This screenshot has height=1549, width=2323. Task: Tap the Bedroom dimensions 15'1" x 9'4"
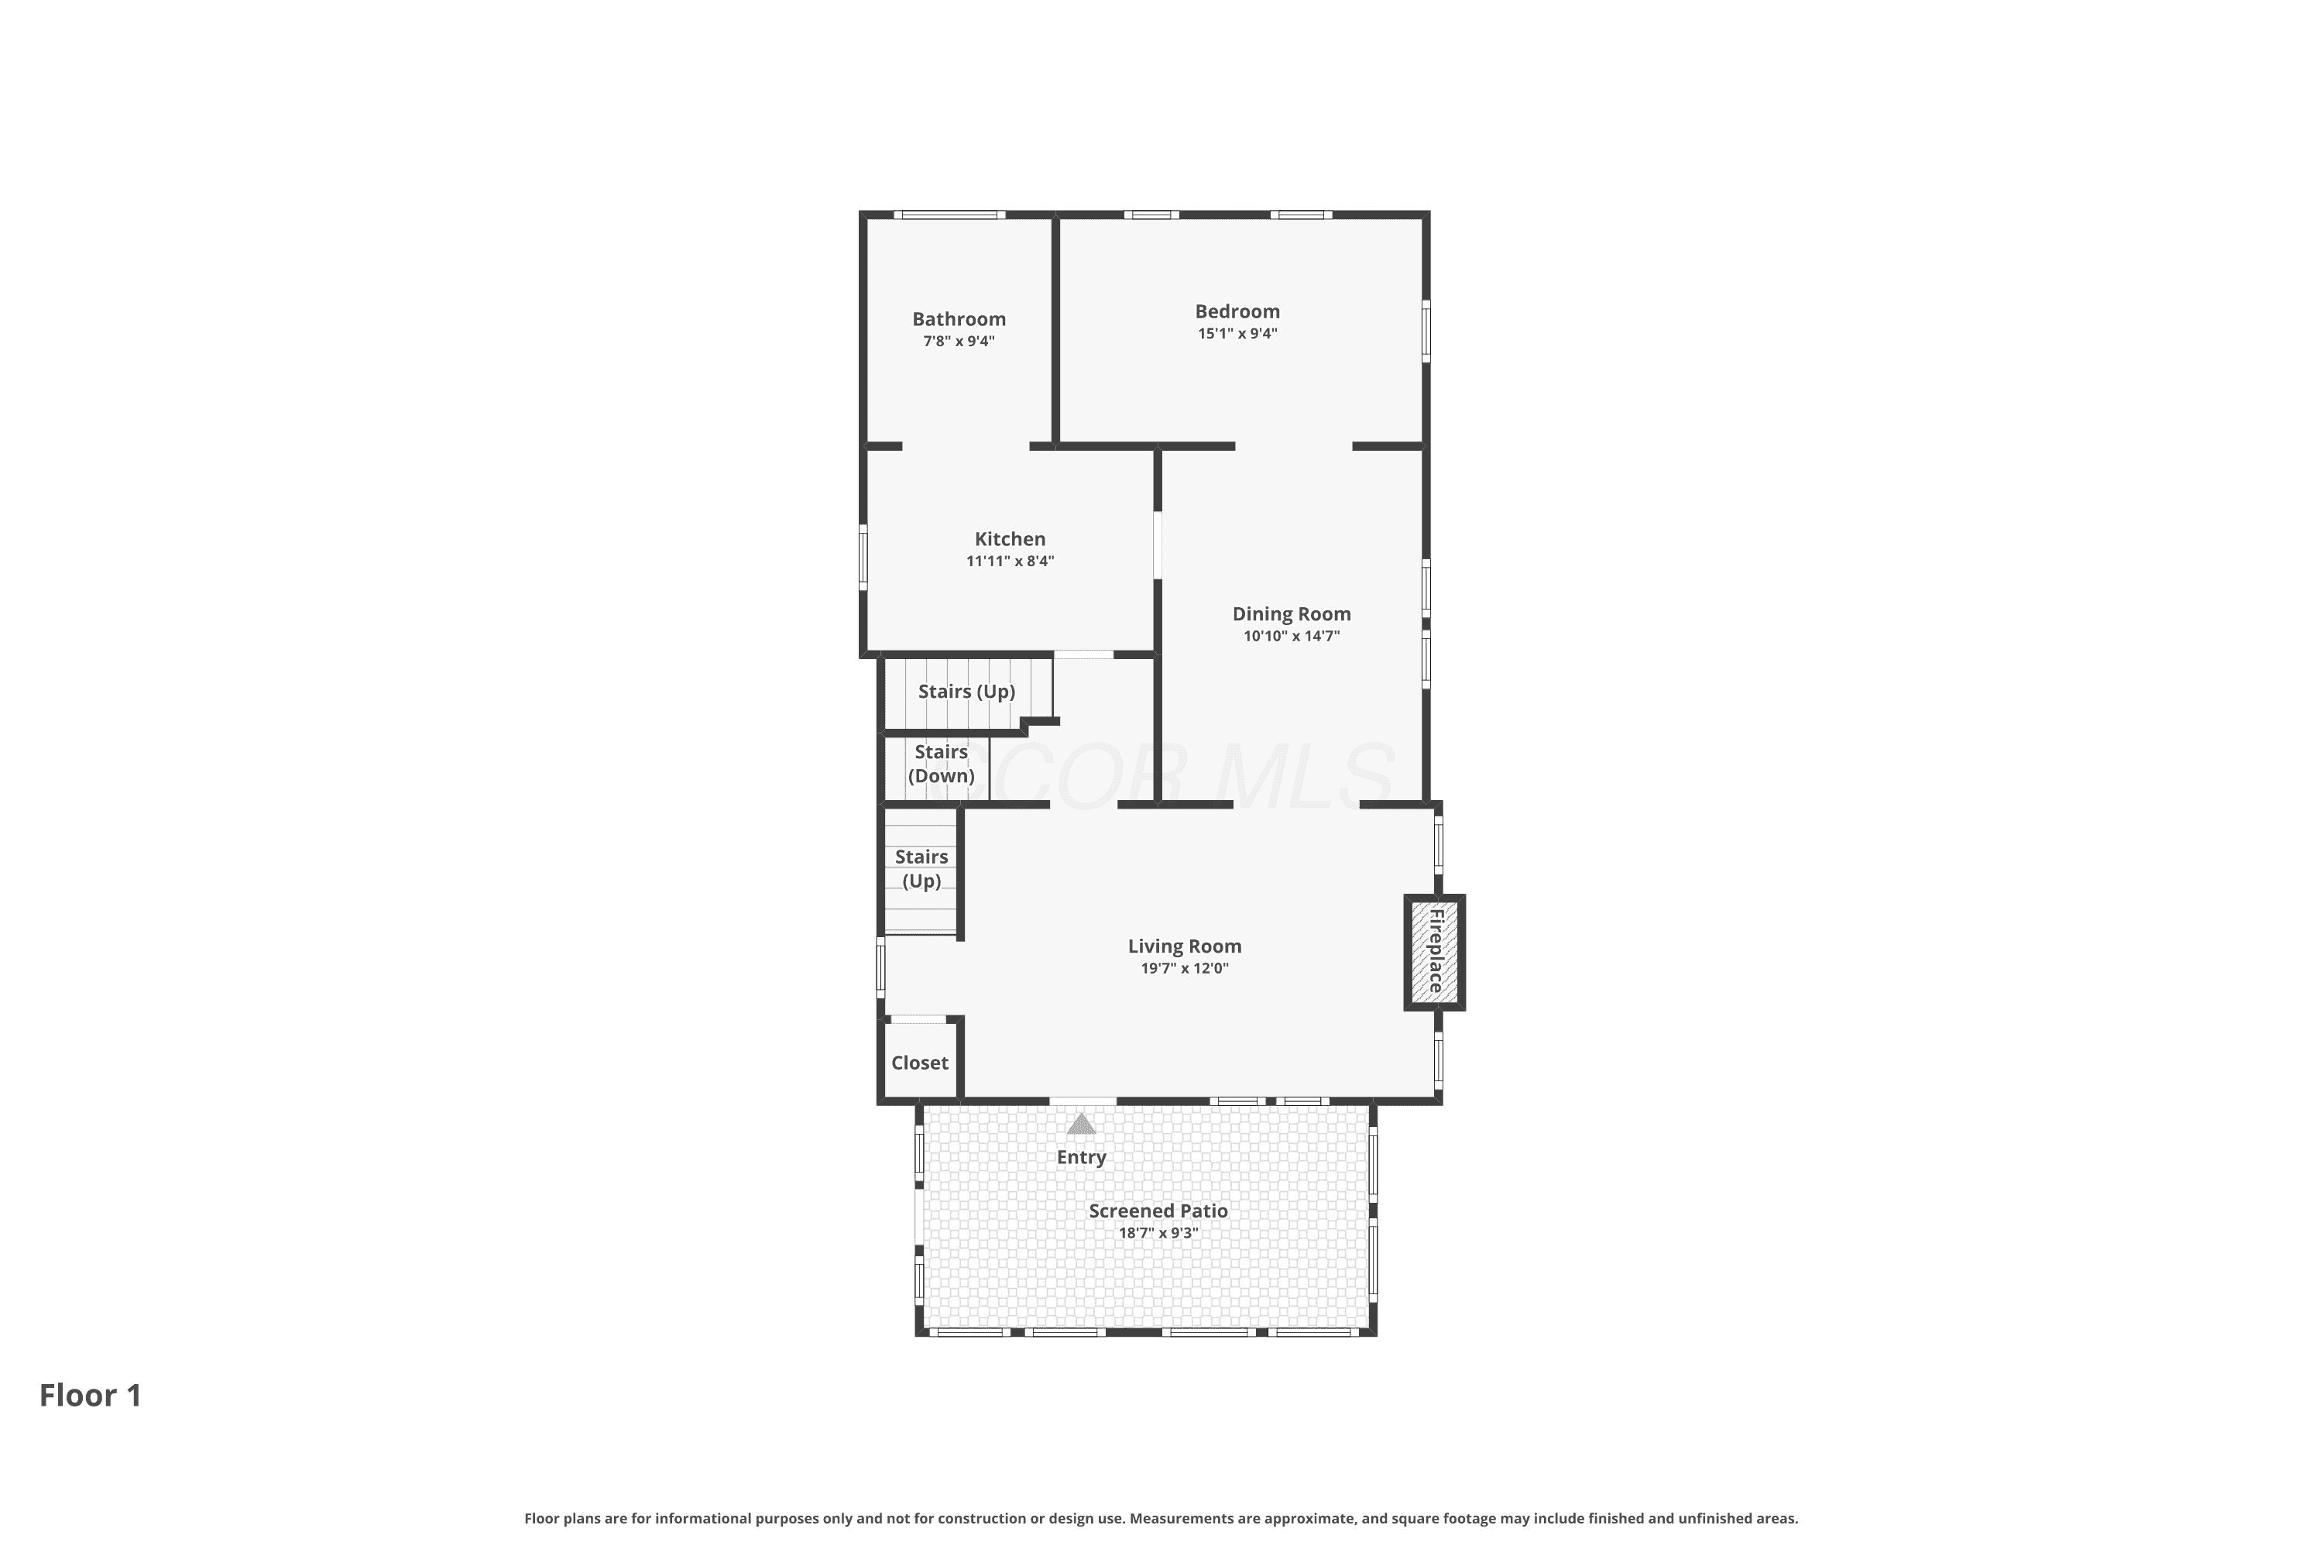(1237, 334)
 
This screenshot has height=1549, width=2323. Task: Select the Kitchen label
(1010, 538)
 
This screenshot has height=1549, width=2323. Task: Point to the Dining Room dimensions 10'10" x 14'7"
(1291, 636)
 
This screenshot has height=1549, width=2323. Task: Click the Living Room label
(1184, 946)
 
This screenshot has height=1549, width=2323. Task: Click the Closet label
(920, 1063)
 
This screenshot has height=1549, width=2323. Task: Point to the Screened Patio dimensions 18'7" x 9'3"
(1158, 1233)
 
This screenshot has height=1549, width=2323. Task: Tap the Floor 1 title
(91, 1395)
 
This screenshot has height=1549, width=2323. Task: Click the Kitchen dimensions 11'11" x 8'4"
(1010, 561)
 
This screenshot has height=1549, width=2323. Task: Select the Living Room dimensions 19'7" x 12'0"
(1184, 968)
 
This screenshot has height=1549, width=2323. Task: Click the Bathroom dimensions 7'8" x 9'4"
(958, 342)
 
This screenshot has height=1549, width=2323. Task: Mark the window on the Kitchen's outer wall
(863, 557)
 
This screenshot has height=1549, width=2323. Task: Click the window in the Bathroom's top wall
(949, 215)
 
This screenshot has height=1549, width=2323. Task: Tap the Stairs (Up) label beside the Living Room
(921, 868)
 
